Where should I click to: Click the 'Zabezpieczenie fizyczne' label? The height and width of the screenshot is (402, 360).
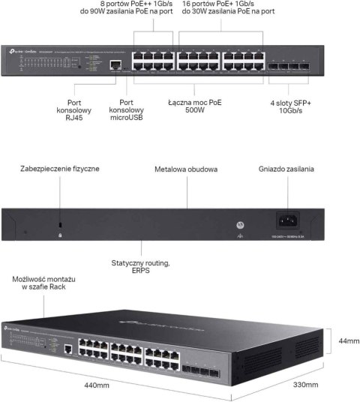(60, 169)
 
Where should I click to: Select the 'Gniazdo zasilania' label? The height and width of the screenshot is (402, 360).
(286, 169)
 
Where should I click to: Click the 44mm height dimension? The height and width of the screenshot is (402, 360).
(344, 340)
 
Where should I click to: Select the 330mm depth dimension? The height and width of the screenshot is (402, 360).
(307, 385)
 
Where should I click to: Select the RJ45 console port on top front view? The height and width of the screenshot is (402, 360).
(113, 65)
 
